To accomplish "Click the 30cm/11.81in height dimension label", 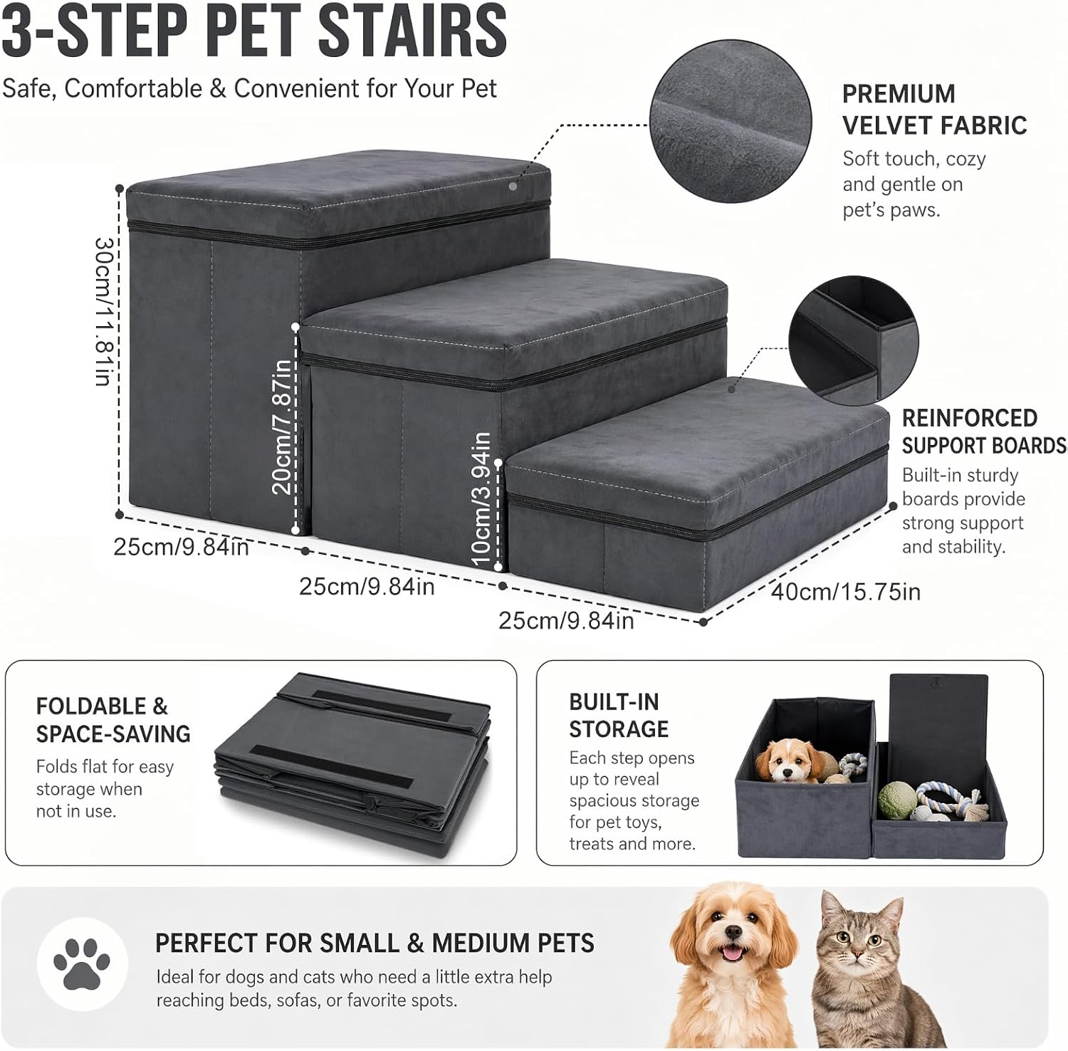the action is (104, 311).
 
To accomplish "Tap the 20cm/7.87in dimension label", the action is (282, 427).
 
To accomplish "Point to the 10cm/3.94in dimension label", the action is (481, 499).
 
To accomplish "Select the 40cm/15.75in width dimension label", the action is (846, 591).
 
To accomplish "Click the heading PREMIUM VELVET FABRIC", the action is (934, 109).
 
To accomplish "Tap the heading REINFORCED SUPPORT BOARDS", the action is (984, 431).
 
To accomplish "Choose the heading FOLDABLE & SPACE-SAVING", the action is (113, 719).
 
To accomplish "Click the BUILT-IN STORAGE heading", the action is (619, 715).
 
